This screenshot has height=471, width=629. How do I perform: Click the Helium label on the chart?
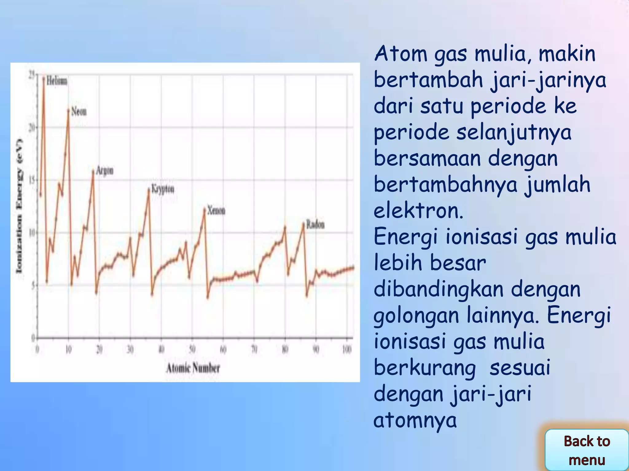tap(57, 81)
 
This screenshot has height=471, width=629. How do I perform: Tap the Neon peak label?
tap(79, 111)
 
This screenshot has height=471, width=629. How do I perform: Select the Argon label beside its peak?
tap(105, 170)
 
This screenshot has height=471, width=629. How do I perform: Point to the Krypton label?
tap(163, 189)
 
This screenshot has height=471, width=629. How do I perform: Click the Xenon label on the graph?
tap(216, 211)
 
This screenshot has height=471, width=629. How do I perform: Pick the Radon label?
tap(315, 225)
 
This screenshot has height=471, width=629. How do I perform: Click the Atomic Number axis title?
tap(193, 368)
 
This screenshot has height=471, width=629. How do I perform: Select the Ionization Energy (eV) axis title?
tap(19, 206)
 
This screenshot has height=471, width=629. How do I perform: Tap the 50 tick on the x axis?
tap(192, 349)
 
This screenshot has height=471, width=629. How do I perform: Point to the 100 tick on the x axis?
tap(347, 349)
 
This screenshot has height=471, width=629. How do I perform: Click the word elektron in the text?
tap(418, 211)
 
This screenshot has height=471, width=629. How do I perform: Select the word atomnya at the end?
tap(415, 420)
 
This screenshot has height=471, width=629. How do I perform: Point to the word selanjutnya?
tap(514, 132)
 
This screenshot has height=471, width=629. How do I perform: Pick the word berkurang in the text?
tap(425, 368)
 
